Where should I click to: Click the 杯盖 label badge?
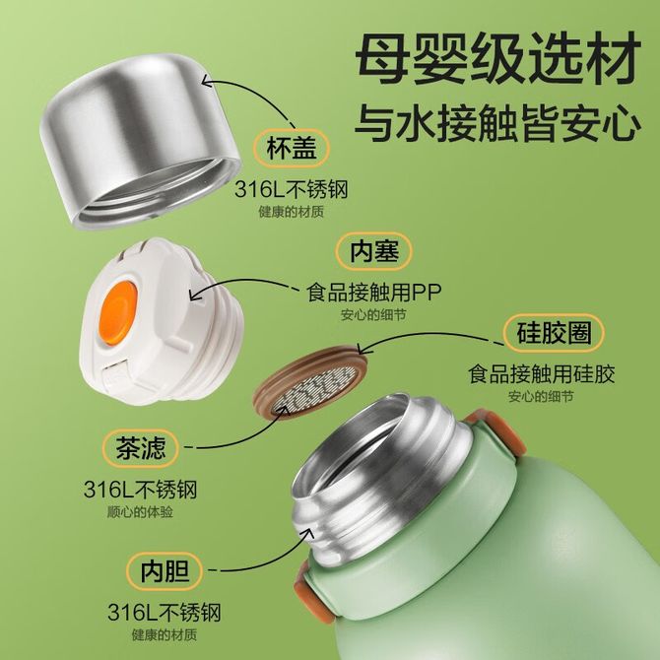291,148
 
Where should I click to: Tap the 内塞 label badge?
373,251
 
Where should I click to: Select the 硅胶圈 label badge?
554,333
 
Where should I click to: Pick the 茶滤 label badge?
141,448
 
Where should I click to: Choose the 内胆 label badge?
165,571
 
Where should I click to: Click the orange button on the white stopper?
118,312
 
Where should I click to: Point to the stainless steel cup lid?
140,142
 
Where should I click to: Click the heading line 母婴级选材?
498,56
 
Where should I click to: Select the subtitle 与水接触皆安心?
497,122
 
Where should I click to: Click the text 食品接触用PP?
373,293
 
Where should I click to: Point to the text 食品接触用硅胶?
542,373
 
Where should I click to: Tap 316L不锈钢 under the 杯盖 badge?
292,189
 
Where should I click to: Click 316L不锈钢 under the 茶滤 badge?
140,490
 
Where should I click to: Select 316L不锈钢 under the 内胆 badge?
165,613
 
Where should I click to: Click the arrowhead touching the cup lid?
209,81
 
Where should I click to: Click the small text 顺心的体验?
140,512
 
